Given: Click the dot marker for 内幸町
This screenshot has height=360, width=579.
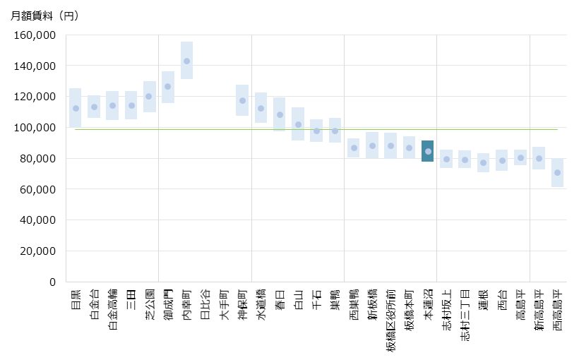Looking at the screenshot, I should coord(186,61).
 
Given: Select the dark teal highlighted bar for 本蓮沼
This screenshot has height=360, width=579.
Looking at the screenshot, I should coord(428,151).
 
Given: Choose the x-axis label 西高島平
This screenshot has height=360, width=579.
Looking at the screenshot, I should coord(558,311).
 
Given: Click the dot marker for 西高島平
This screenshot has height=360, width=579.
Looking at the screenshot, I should coord(558,173).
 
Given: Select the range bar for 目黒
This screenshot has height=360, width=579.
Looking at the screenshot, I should coord(76,108).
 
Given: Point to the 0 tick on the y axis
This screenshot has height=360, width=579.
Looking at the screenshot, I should coord(52,282).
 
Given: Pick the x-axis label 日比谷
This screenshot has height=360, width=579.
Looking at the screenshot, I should coord(205,303).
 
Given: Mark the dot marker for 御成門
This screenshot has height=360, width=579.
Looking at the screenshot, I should coord(168,87).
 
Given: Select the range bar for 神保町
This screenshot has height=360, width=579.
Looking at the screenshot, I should coord(242,100).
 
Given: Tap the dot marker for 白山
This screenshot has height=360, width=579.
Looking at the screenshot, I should coord(298,124).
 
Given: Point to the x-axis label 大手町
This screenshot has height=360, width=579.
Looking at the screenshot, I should coord(224,303).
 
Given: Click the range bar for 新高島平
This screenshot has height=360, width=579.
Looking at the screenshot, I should coord(539,158).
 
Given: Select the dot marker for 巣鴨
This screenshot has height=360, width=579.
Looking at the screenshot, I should coord(335,131).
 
